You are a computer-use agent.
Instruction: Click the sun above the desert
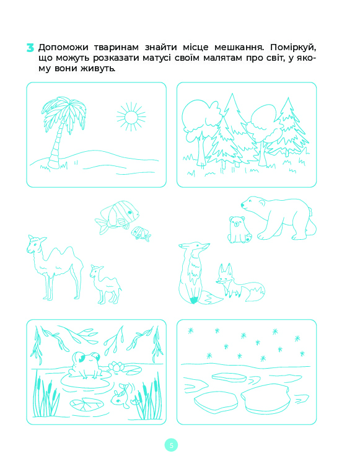pyautogui.click(x=131, y=116)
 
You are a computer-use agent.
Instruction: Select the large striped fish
pyautogui.click(x=117, y=216)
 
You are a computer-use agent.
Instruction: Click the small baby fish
pyautogui.click(x=141, y=234)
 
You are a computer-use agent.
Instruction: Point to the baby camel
pyautogui.click(x=105, y=284)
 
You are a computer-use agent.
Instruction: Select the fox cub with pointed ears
pyautogui.click(x=240, y=283)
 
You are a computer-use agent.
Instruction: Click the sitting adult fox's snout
pyautogui.click(x=206, y=245)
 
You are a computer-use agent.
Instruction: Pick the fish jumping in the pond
pyautogui.click(x=121, y=395)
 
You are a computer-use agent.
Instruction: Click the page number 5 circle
pyautogui.click(x=172, y=445)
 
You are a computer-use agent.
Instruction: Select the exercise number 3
pyautogui.click(x=30, y=48)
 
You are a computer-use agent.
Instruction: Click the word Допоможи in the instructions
pyautogui.click(x=63, y=48)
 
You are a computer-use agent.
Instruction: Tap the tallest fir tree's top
pyautogui.click(x=232, y=94)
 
